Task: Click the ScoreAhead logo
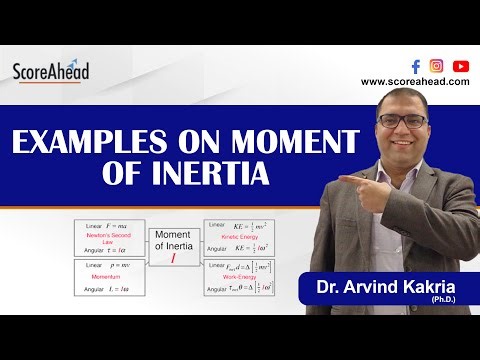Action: coord(51,71)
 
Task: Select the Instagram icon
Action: coord(436,66)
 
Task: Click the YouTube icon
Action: coord(460,66)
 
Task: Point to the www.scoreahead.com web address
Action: coord(415,82)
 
